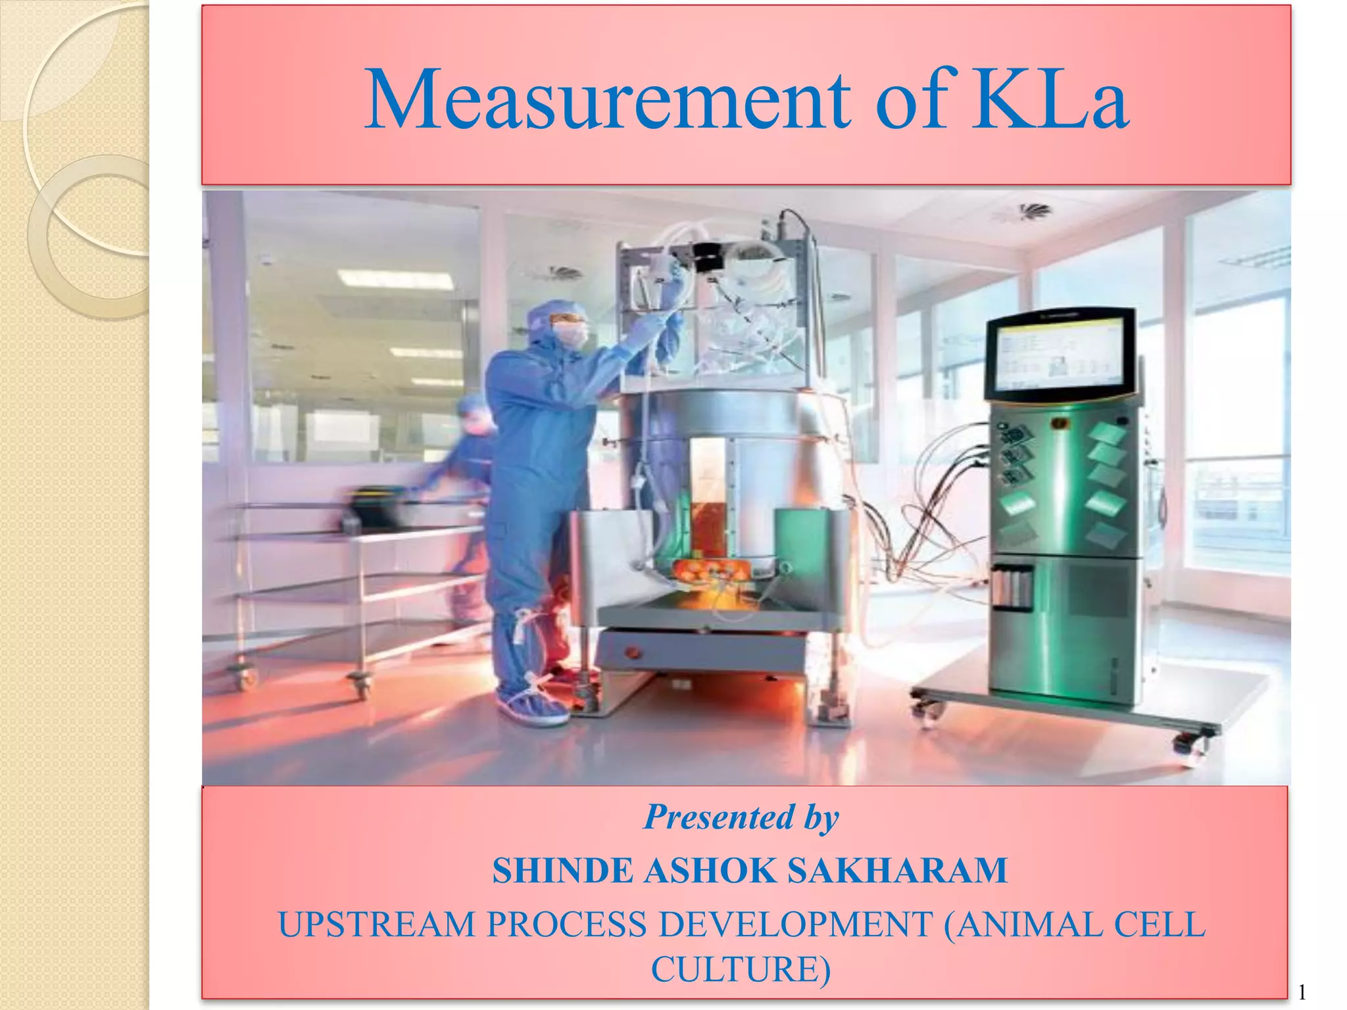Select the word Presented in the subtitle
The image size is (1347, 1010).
click(719, 817)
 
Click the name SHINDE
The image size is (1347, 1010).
click(562, 871)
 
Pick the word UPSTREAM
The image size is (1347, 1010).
click(376, 925)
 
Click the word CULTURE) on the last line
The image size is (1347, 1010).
click(741, 969)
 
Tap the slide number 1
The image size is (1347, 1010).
click(1302, 992)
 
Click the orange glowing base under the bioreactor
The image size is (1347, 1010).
click(710, 585)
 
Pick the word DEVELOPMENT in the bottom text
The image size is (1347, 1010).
click(795, 925)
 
